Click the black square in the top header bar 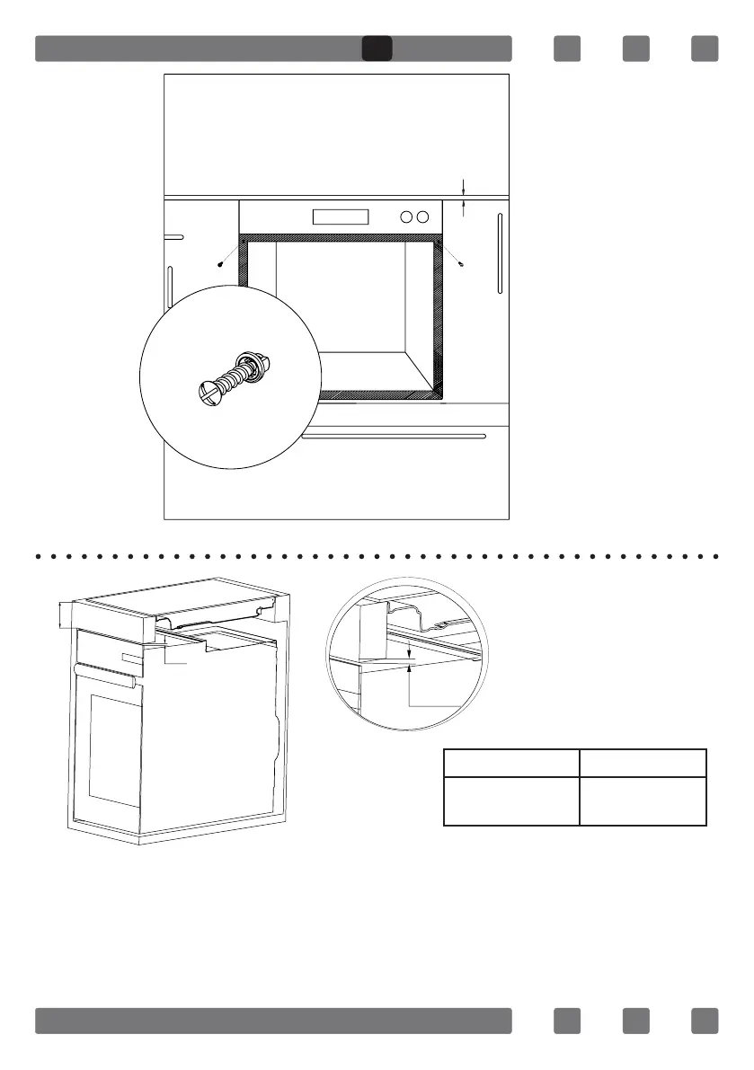tap(377, 49)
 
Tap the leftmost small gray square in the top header tap(567, 49)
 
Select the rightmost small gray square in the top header tap(705, 49)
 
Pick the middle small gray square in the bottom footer tap(636, 1021)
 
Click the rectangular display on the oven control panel tap(340, 217)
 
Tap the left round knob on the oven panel tap(406, 217)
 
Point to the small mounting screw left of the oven tap(221, 264)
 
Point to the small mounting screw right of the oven tap(460, 264)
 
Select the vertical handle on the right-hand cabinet tap(500, 252)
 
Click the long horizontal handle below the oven tap(394, 437)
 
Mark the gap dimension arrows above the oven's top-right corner tap(464, 197)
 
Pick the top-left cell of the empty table tap(511, 763)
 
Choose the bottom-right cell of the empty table tap(643, 800)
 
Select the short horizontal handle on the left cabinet tap(173, 237)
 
